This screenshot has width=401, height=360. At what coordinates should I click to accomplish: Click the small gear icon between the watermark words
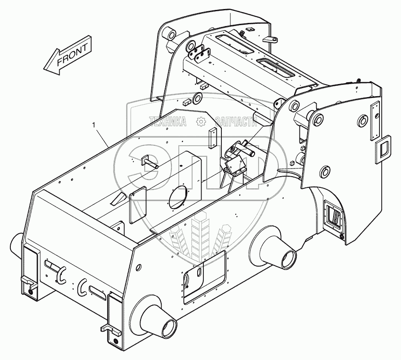click(x=201, y=120)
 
